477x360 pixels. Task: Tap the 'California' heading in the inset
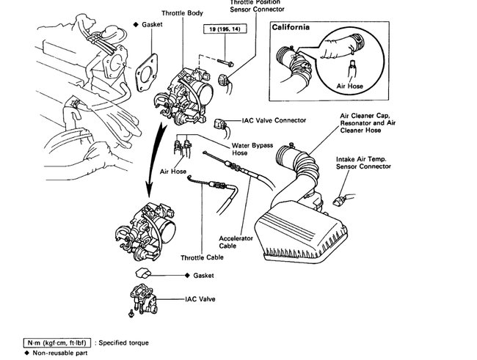(x=291, y=27)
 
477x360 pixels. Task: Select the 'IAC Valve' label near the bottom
(x=194, y=300)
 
